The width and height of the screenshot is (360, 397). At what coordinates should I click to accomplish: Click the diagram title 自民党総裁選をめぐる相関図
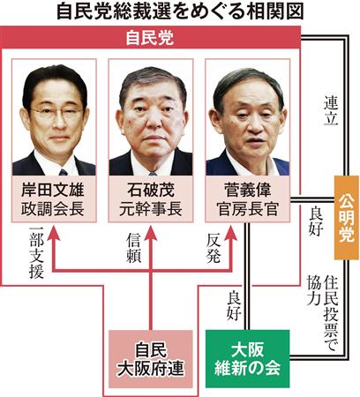coord(180,12)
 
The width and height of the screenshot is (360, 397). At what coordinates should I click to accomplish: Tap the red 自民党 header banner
coord(150,37)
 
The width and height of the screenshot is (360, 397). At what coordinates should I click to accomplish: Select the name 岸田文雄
coord(53,190)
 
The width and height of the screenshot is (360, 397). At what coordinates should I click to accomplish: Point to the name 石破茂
coord(151,190)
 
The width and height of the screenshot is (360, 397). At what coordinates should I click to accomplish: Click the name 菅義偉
coord(247,190)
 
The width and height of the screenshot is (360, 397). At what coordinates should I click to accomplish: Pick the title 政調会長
coord(53,208)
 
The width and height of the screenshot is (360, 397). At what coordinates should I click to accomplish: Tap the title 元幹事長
coord(151,208)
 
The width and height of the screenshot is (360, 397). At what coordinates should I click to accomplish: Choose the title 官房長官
coord(247,208)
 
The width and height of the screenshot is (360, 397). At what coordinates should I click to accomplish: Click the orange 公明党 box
coord(347,218)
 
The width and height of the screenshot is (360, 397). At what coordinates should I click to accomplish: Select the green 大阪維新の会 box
coord(247,358)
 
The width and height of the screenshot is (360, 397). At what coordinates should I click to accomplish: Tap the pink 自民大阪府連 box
coord(151,358)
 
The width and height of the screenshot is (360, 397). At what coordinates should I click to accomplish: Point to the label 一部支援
coord(36,252)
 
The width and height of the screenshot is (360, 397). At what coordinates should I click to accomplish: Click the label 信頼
coord(134,248)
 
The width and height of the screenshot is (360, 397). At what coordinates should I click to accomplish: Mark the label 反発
coord(214,248)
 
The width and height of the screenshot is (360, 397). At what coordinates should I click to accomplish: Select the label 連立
coord(331,110)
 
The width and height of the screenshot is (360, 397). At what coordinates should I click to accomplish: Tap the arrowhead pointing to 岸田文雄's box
coord(53,233)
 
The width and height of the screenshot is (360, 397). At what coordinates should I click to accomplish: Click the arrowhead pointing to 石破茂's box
coord(151,233)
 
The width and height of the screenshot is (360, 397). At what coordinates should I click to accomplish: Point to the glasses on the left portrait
coord(56,112)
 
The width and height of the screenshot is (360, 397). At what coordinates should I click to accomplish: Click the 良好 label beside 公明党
coord(316,221)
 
